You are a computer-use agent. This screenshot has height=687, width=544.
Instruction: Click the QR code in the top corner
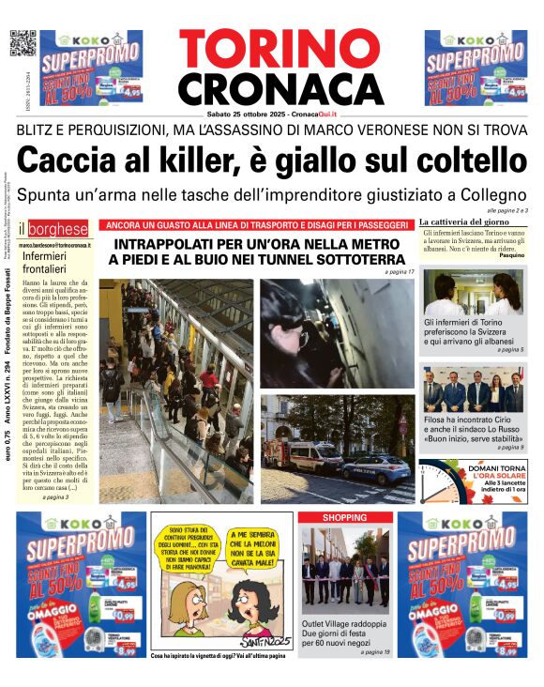click(x=23, y=43)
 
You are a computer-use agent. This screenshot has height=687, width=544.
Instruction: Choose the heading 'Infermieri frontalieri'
click(x=49, y=262)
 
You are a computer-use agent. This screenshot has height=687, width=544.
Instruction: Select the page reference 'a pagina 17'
click(x=399, y=272)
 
